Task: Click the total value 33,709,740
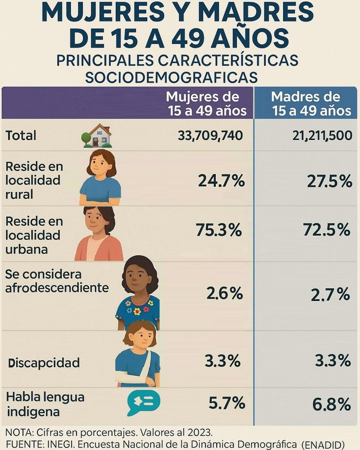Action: pos(210,136)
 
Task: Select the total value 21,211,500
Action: pos(322,136)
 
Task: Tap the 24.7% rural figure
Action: pos(221,181)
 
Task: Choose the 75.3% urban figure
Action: pos(218,230)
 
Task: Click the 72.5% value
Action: pos(327,230)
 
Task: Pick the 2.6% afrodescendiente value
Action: pos(225,294)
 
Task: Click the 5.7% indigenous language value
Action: pos(226,402)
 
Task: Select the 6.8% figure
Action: pos(331,404)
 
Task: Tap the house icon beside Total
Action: pos(98,136)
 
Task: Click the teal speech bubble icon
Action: pos(143,402)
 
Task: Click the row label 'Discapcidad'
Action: pos(44,363)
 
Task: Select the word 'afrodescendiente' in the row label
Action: pos(57,288)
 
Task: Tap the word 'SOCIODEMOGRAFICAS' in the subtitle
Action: pos(171,77)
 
